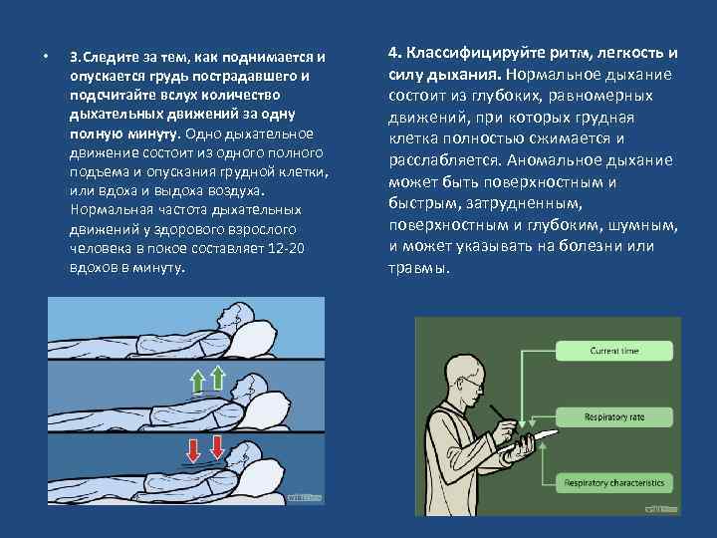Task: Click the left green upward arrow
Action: pyautogui.click(x=198, y=379)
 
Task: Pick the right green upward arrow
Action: pyautogui.click(x=220, y=377)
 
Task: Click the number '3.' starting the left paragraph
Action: pyautogui.click(x=76, y=57)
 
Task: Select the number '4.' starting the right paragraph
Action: pyautogui.click(x=394, y=53)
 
